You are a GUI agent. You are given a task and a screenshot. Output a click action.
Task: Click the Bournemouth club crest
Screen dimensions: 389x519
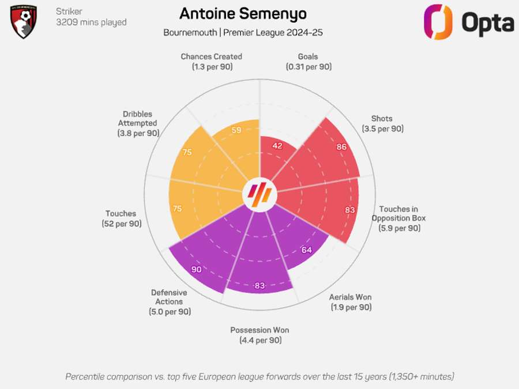click(x=24, y=22)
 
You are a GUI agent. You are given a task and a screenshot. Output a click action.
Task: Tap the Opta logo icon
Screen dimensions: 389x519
click(x=438, y=22)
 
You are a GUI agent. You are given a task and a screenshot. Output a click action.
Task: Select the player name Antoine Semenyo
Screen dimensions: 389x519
click(x=243, y=13)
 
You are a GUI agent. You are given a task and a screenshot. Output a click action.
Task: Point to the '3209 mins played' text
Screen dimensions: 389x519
click(x=91, y=22)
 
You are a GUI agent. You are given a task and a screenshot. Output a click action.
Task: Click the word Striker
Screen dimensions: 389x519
click(x=69, y=12)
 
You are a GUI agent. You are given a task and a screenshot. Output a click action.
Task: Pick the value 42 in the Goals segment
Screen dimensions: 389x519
click(x=277, y=146)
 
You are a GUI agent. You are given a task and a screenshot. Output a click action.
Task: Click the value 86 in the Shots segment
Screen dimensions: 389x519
click(x=342, y=147)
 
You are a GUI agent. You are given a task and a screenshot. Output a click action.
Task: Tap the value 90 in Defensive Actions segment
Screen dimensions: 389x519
click(x=197, y=269)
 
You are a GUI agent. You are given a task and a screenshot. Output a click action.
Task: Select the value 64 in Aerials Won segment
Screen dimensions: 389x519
click(x=306, y=250)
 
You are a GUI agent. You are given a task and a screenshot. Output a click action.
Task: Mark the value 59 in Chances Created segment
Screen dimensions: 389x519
click(x=236, y=130)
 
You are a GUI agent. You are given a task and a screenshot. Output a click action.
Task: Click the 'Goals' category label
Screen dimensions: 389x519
click(x=308, y=56)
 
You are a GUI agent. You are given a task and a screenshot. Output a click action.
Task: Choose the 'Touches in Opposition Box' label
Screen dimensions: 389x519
click(x=398, y=213)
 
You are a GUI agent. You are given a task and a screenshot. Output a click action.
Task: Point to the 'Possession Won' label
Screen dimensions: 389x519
click(x=259, y=330)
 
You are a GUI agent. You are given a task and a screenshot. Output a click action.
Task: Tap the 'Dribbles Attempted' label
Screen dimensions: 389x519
click(x=137, y=119)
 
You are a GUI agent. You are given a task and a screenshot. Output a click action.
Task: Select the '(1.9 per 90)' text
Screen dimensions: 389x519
click(x=351, y=307)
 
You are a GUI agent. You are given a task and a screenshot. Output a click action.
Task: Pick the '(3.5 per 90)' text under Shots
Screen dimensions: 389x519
click(x=382, y=129)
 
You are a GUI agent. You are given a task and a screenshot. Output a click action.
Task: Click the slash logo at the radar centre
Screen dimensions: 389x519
click(x=259, y=194)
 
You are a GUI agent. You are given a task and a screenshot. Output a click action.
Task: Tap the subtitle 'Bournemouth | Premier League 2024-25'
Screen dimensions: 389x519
click(x=243, y=33)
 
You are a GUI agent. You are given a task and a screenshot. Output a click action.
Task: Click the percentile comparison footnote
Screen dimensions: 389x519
click(x=259, y=376)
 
